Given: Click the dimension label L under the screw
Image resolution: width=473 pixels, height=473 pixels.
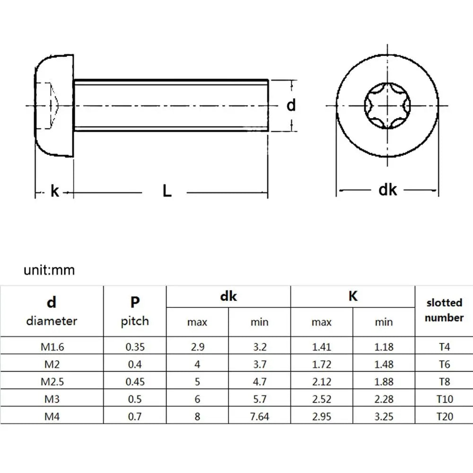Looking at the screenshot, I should (x=166, y=191).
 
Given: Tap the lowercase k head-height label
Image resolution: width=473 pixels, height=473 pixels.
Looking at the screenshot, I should (x=55, y=192).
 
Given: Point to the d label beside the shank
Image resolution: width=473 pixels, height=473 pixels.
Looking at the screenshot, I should (x=291, y=105).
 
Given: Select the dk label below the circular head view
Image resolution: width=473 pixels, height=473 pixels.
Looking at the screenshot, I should (x=388, y=190).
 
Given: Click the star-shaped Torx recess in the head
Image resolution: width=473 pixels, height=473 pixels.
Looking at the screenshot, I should (x=387, y=105).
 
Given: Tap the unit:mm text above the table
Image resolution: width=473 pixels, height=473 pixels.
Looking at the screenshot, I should (x=49, y=271).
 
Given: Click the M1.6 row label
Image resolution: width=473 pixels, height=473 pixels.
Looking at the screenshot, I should (x=52, y=347).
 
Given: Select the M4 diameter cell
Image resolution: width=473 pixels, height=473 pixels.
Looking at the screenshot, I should (x=52, y=416).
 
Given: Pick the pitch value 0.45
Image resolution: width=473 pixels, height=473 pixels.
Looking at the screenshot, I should (x=135, y=382).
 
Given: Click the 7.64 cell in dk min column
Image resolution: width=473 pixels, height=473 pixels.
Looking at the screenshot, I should (x=259, y=416).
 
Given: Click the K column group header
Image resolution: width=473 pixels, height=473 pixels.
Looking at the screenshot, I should (x=353, y=297).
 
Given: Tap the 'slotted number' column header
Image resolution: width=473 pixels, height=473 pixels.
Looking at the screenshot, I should (x=444, y=310).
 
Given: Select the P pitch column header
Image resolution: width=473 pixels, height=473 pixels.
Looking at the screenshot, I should (x=135, y=311).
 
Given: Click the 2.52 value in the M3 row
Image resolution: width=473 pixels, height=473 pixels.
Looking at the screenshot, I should (x=322, y=399).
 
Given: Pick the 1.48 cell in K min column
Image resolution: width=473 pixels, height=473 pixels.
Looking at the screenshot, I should (x=384, y=364).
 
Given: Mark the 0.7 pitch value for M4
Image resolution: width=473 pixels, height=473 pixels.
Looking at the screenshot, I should (x=135, y=416).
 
